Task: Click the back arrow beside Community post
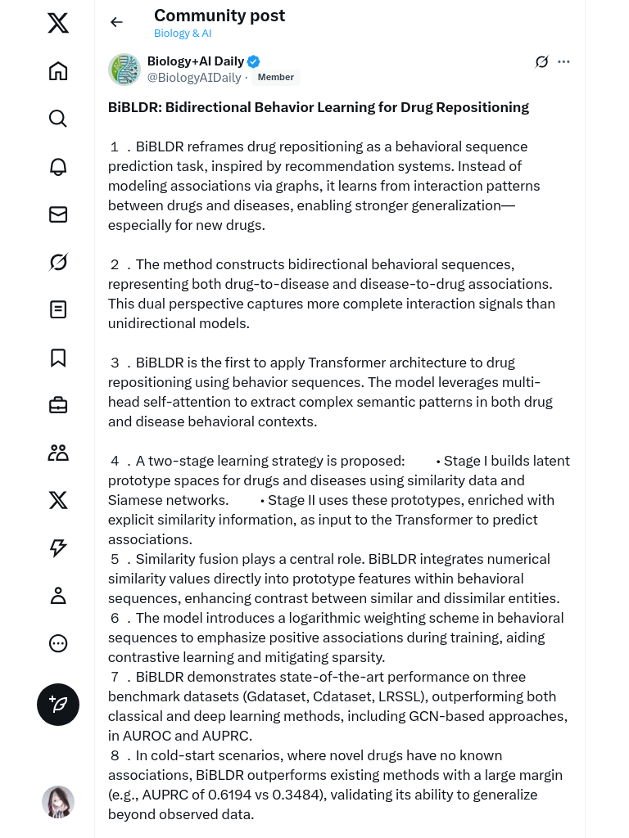(116, 22)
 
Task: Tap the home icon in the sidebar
(58, 71)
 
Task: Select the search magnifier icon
(58, 119)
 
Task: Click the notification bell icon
(58, 166)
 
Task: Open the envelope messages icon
(58, 214)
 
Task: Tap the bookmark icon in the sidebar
(58, 358)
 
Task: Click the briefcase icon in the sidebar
(58, 405)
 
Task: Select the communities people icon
(58, 453)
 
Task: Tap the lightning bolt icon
(58, 548)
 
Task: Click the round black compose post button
(58, 705)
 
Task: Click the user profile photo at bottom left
(58, 802)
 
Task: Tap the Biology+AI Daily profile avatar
(124, 70)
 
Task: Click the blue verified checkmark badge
(254, 61)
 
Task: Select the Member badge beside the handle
(276, 78)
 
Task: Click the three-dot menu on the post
(563, 61)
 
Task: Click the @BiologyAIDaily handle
(194, 78)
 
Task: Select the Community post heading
(219, 16)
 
